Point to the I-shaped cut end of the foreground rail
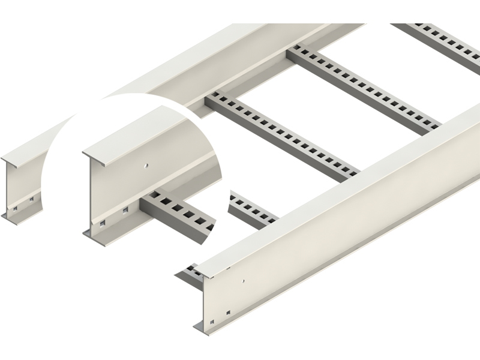tap(203, 300)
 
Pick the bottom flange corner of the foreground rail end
tap(198, 329)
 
